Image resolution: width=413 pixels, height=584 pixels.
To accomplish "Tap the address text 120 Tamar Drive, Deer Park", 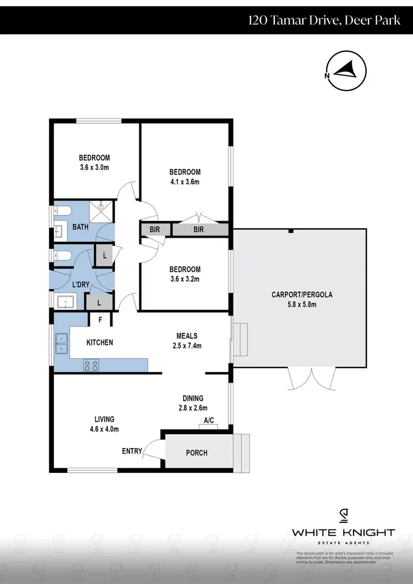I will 326,21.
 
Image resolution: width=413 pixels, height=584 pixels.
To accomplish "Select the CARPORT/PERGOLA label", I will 302,294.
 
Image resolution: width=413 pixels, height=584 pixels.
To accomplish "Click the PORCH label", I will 197,453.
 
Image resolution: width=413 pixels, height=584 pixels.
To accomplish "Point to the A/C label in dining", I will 209,421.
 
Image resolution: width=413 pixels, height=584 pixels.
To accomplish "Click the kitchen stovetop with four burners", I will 91,364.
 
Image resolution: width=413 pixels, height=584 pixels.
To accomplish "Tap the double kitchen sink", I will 61,343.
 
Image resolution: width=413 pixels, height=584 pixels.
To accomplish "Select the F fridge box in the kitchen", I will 100,319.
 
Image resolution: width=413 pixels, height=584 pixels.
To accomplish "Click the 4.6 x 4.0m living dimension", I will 104,429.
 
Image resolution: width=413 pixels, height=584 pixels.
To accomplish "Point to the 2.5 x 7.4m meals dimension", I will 187,346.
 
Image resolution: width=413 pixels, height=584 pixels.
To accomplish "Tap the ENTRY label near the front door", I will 132,451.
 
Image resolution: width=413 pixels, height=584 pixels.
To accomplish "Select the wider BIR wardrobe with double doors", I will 199,230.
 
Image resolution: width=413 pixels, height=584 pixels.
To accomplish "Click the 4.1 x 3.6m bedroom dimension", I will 185,182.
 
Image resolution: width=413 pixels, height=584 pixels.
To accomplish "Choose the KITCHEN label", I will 100,342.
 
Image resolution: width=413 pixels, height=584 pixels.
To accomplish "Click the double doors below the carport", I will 312,379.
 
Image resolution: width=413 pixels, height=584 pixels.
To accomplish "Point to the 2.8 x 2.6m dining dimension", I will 193,408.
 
